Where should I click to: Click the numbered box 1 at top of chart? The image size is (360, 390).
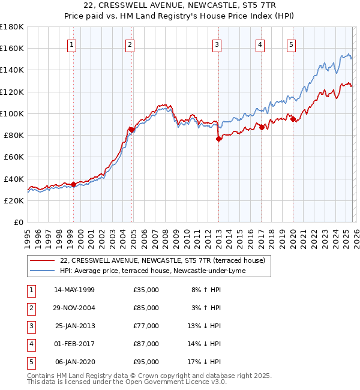[x=72, y=44]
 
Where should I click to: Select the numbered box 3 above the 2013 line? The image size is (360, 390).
[x=217, y=44]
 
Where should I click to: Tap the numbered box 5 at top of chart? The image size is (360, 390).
[x=291, y=44]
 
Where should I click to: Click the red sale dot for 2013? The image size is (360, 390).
[x=218, y=139]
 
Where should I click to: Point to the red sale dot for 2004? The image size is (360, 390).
[x=131, y=130]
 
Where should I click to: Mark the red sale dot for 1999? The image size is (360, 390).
[x=73, y=184]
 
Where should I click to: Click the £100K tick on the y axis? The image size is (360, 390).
[x=12, y=113]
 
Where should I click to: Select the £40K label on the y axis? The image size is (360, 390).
[x=13, y=179]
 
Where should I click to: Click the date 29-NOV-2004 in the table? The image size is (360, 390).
[x=74, y=308]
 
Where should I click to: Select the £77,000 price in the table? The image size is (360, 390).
[x=146, y=326]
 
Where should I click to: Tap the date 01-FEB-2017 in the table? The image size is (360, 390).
[x=74, y=344]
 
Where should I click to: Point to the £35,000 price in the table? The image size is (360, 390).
[x=146, y=290]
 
